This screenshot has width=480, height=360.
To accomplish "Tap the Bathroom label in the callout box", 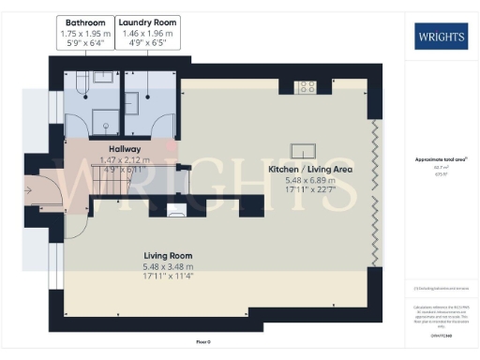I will click(84, 20).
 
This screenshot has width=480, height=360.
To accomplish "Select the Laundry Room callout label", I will click(148, 20).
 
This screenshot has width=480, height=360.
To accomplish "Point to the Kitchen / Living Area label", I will click(307, 169).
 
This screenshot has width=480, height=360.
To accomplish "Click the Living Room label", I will click(169, 256).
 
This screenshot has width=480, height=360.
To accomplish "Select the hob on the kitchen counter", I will click(307, 87).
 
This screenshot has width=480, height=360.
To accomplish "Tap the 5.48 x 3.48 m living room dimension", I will click(169, 267).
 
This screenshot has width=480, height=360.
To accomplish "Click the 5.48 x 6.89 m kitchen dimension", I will click(307, 180).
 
